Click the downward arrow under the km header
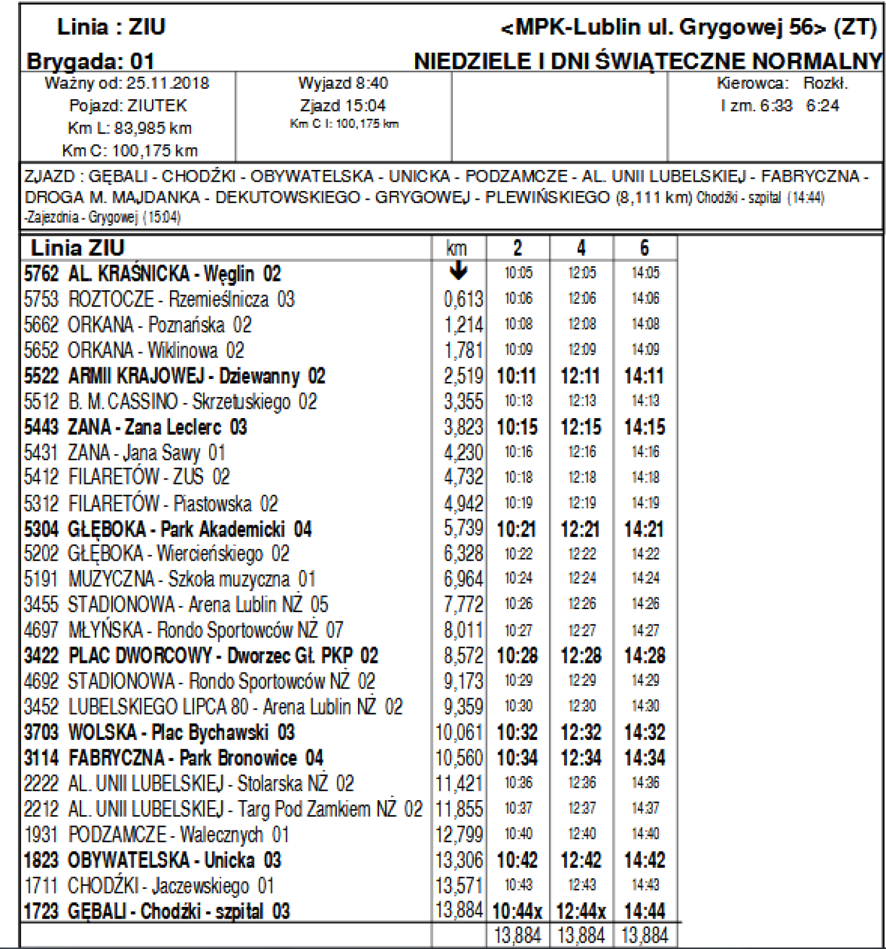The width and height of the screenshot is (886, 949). click(x=458, y=271)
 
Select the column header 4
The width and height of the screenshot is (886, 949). click(x=581, y=248)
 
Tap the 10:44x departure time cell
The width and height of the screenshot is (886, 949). click(x=517, y=912)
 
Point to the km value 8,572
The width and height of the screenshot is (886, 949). click(x=463, y=656)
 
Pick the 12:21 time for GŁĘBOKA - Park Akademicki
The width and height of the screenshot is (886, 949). click(x=581, y=529)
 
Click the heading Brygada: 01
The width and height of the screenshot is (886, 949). click(x=91, y=61)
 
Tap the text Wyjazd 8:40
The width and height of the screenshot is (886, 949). click(x=343, y=83)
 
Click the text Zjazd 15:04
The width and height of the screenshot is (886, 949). click(x=343, y=105)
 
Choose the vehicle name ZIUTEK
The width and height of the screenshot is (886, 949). click(x=157, y=105)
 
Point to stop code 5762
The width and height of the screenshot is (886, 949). click(x=41, y=274)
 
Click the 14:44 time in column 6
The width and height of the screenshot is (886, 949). click(x=645, y=911)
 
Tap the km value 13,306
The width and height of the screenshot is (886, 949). click(x=459, y=860)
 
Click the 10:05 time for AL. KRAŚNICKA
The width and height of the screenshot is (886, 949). click(x=518, y=273)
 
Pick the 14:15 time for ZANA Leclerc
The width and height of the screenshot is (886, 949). click(x=645, y=427)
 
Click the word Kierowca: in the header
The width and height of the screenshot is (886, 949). click(x=753, y=83)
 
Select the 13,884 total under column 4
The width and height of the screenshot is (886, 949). click(x=581, y=935)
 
